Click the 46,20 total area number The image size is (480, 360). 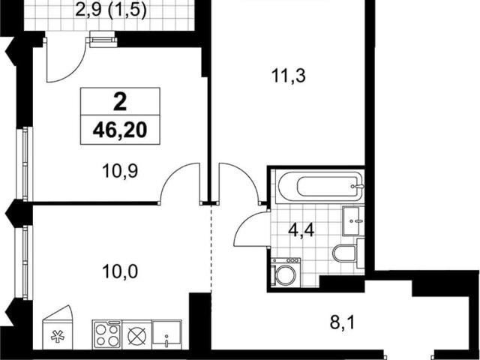[120, 130]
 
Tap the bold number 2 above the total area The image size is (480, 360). [120, 102]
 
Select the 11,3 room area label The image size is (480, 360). [288, 76]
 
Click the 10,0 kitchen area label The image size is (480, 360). [120, 271]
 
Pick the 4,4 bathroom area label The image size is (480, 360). [301, 230]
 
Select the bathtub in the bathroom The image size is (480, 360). [319, 187]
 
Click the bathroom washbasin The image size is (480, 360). [353, 220]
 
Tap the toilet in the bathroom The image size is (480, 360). [348, 253]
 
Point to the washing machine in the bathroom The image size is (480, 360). [285, 272]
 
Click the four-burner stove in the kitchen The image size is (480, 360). [106, 334]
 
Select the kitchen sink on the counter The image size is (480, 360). [166, 334]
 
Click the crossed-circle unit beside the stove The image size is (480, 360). [136, 334]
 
